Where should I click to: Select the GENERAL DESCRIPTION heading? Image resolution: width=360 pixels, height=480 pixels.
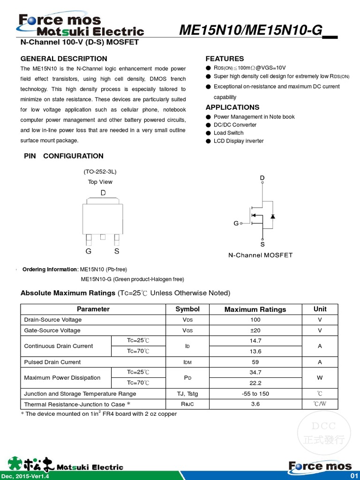click(64, 59)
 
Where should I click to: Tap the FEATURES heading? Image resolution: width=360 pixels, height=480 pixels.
click(225, 59)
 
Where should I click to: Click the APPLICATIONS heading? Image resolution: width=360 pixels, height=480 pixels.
click(232, 107)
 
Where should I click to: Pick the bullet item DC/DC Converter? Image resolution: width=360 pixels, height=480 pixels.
click(235, 125)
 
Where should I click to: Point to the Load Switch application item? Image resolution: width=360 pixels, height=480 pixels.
click(228, 133)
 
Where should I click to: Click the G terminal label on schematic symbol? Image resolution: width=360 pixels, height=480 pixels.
click(236, 224)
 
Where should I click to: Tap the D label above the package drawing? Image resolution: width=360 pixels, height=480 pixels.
click(103, 193)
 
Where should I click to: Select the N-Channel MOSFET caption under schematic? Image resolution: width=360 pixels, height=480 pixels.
click(260, 255)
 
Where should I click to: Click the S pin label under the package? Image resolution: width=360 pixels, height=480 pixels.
click(117, 251)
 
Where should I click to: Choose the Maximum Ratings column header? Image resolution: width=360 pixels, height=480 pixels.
click(255, 309)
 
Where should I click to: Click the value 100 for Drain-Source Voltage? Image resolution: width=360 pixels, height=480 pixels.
click(255, 320)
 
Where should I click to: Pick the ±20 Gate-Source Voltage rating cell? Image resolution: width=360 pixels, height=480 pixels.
click(255, 330)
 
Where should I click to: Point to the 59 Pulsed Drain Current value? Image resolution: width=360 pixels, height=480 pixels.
click(255, 362)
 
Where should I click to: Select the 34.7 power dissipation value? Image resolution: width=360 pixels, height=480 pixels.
click(255, 372)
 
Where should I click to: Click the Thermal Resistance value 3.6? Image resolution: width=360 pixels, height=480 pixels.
click(255, 404)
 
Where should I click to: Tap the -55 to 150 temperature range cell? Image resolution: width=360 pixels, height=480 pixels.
click(255, 394)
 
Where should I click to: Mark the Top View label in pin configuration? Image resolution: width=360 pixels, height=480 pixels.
click(100, 182)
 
